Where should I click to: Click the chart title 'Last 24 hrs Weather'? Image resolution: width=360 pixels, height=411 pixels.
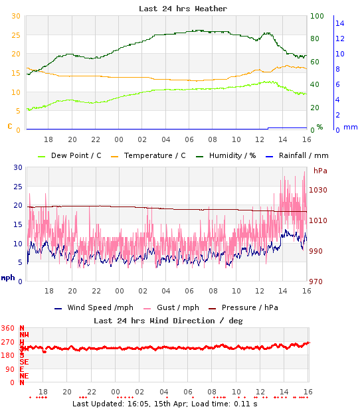[183, 9]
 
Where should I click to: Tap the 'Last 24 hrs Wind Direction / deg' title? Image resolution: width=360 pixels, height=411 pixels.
[168, 320]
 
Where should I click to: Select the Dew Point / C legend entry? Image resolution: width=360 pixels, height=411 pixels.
[76, 155]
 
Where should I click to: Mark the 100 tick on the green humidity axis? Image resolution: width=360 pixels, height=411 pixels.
[317, 16]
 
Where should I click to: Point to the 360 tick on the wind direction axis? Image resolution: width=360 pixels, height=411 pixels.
[9, 328]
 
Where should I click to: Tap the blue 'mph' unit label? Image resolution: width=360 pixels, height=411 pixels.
[8, 278]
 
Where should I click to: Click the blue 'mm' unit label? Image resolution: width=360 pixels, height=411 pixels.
[350, 126]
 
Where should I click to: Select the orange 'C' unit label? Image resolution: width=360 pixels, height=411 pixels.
[9, 125]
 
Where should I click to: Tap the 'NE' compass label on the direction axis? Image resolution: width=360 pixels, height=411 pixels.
[23, 375]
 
